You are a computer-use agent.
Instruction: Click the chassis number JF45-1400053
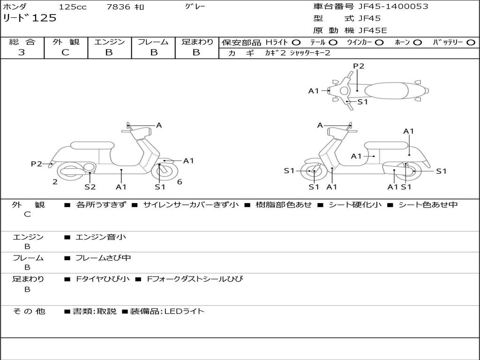[x=393, y=7]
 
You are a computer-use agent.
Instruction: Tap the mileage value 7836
[x=118, y=7]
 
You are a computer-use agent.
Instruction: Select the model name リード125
[x=30, y=18]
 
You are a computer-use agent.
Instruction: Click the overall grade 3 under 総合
[x=22, y=52]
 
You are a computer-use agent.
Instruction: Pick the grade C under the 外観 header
[x=65, y=52]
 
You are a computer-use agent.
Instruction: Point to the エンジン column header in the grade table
[x=109, y=42]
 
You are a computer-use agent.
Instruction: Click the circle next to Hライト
[x=296, y=43]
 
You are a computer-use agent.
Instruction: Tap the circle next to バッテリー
[x=471, y=43]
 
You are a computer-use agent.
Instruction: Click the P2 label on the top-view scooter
[x=359, y=66]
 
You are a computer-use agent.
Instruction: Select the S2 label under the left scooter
[x=90, y=187]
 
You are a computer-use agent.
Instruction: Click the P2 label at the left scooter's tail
[x=37, y=164]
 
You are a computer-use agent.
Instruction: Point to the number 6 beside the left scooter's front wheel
[x=180, y=182]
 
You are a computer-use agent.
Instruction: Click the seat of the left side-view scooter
[x=92, y=145]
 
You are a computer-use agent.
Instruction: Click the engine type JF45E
[x=373, y=30]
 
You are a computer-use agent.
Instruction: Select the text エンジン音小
[x=101, y=237]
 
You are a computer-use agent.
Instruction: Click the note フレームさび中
[x=103, y=258]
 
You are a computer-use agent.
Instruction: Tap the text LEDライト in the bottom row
[x=184, y=311]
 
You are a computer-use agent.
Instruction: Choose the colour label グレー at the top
[x=195, y=7]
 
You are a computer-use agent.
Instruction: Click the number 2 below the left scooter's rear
[x=55, y=182]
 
